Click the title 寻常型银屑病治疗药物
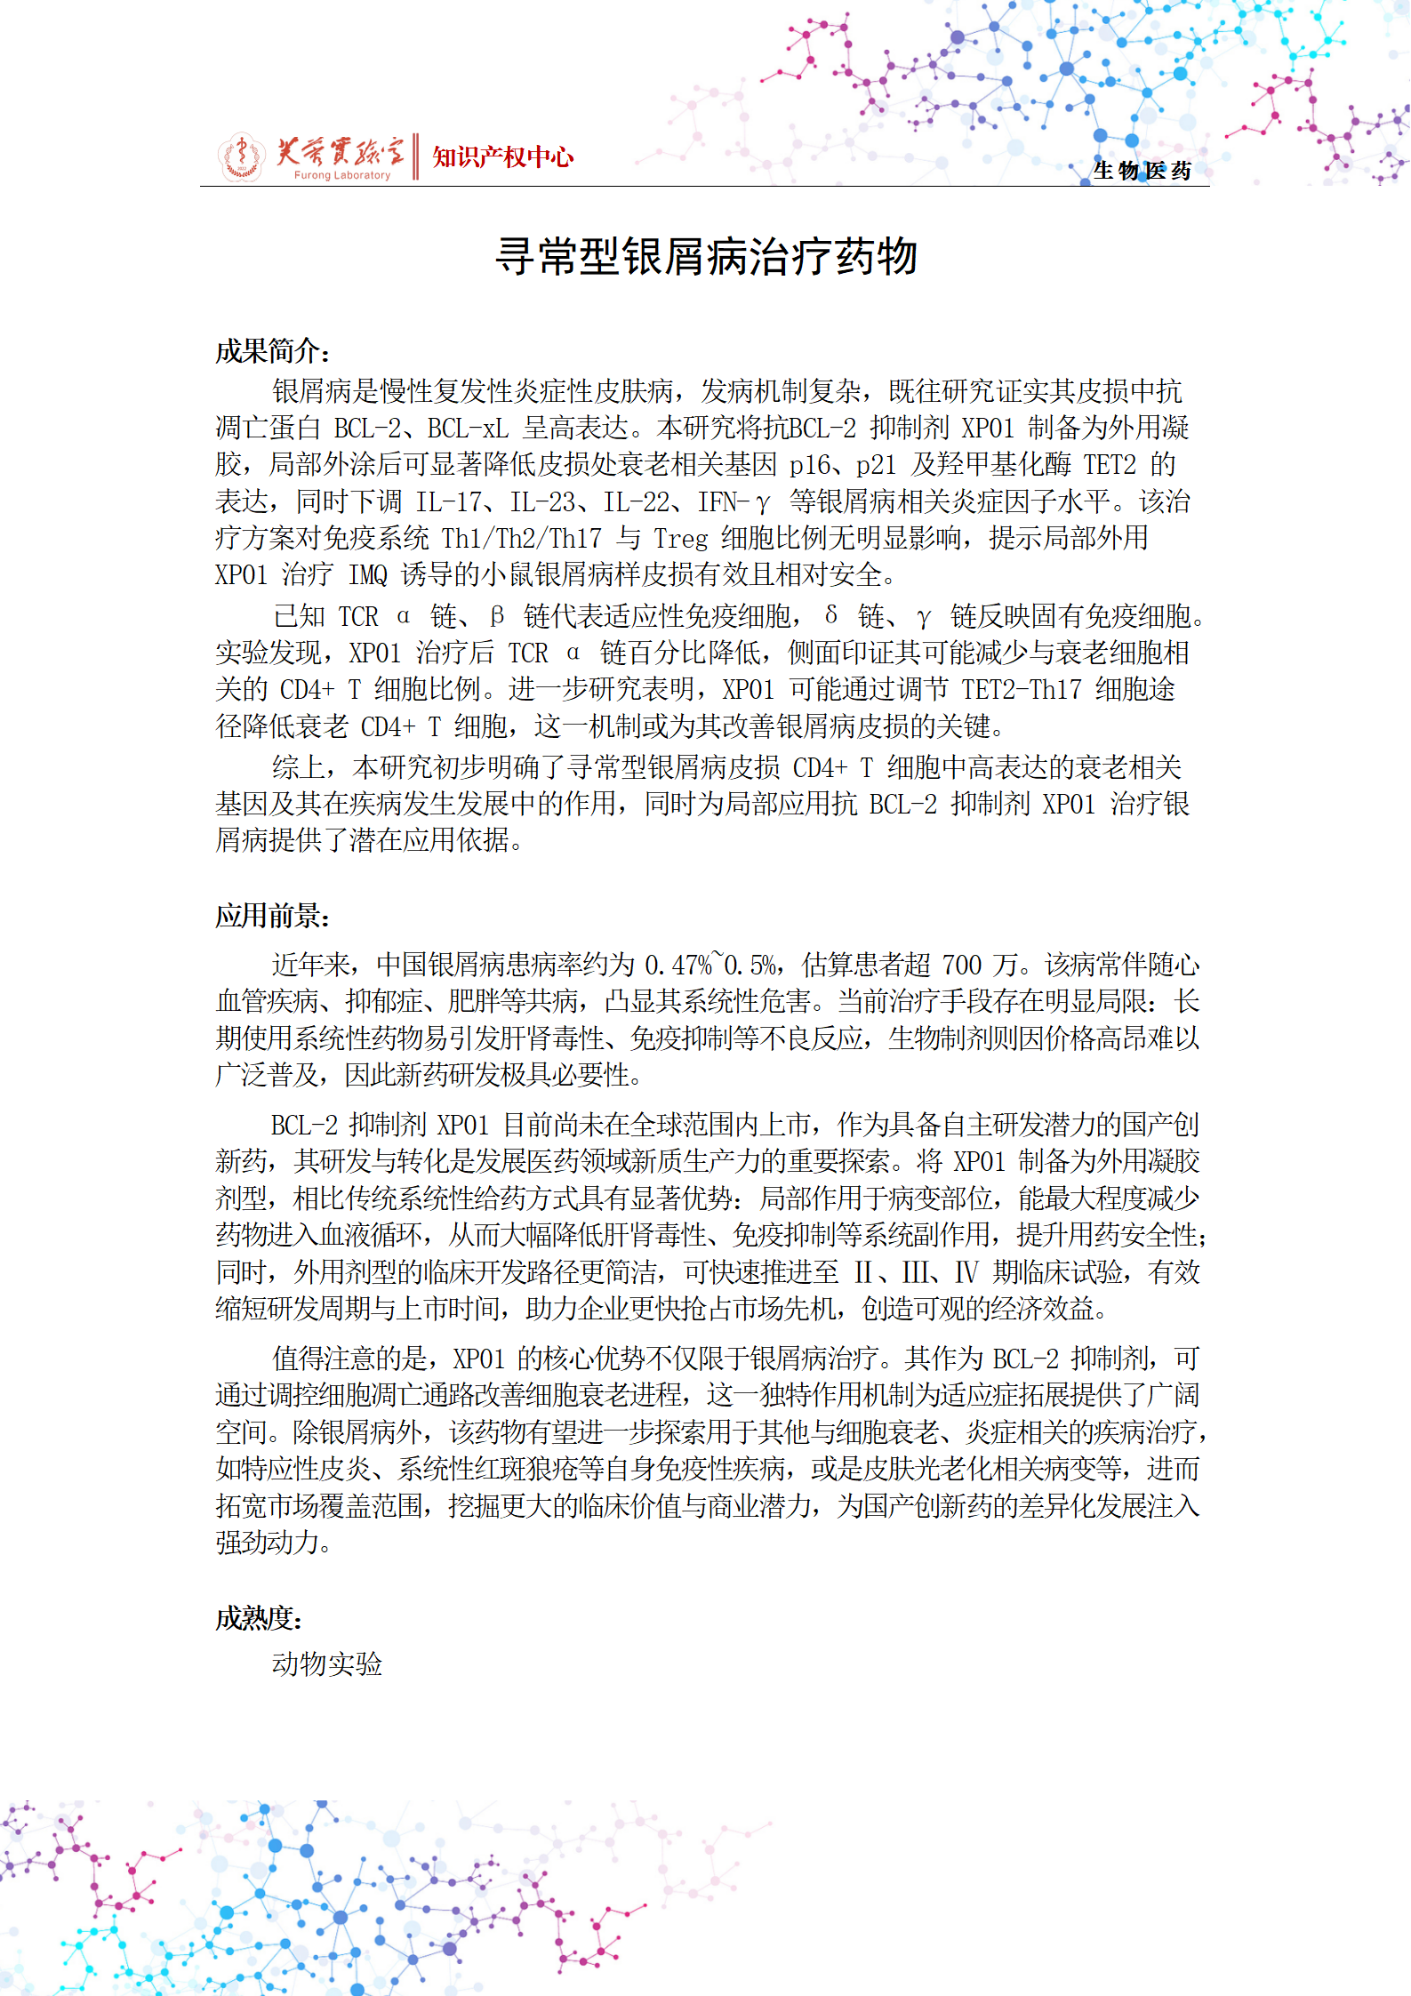coord(706,258)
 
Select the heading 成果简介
coord(270,352)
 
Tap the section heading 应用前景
coord(270,916)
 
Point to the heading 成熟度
coord(257,1618)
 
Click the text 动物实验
coord(327,1664)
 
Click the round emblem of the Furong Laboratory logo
coord(241,157)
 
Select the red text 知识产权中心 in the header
coord(502,157)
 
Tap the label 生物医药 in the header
coord(1142,171)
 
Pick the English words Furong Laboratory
coord(342,175)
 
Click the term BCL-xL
coord(468,429)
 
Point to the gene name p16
coord(808,465)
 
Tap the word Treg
coord(680,539)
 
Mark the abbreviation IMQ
coord(367,575)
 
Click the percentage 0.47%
coord(678,965)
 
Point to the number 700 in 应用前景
coord(961,965)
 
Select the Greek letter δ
coord(830,615)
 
